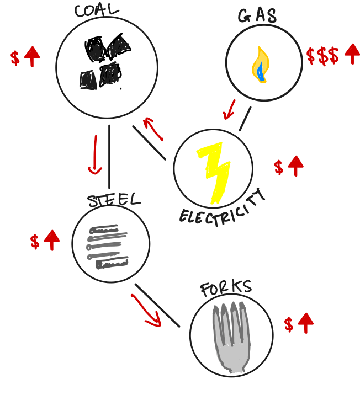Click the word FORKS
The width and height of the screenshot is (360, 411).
tap(226, 288)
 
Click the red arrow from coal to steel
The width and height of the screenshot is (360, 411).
tap(94, 154)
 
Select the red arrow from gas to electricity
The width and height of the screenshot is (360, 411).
tap(229, 109)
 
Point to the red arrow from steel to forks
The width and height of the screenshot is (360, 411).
tap(146, 311)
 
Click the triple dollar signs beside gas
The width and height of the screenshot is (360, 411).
tap(322, 56)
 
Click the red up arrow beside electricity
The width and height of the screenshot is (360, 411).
tap(295, 166)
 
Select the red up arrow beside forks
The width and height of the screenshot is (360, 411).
tap(305, 323)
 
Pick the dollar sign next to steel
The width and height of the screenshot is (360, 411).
tap(35, 241)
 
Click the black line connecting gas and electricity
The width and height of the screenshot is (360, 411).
tap(245, 119)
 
